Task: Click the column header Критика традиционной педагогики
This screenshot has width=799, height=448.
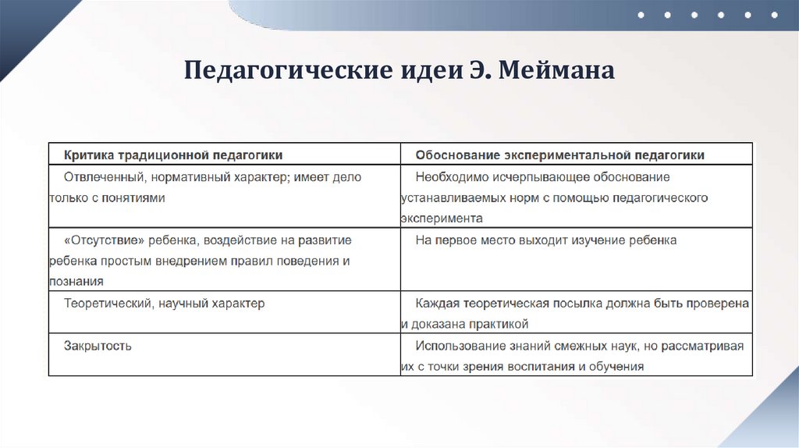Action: [x=173, y=155]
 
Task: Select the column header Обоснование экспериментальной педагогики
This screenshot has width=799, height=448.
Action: [x=560, y=155]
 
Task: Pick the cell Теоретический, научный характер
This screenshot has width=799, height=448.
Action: [x=164, y=303]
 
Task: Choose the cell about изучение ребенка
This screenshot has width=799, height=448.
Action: [x=546, y=240]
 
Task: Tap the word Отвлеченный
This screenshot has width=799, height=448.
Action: [x=101, y=177]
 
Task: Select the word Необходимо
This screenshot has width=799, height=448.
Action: [x=448, y=177]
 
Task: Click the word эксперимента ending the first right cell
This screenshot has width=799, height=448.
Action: [x=442, y=219]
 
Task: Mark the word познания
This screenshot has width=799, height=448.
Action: [x=76, y=282]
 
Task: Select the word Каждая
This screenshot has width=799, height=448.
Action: [x=435, y=303]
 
